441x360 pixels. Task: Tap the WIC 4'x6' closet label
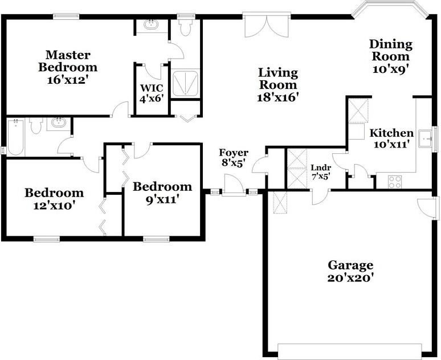[x=152, y=92]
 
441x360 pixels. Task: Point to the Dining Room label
[x=390, y=50]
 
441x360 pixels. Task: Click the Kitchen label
[x=391, y=133]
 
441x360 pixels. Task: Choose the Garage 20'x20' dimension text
[x=350, y=278]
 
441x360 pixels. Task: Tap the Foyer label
[x=234, y=153]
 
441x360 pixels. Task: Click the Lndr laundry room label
[x=321, y=167]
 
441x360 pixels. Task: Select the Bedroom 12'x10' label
[x=54, y=193]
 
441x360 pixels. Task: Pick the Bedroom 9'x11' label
[x=162, y=187]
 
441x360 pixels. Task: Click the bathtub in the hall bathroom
[x=15, y=137]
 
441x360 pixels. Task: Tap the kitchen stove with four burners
[x=395, y=182]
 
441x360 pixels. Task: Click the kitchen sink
[x=425, y=138]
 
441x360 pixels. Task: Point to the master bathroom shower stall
[x=186, y=85]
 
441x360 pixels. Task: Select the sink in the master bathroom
[x=152, y=24]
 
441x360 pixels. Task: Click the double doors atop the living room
[x=263, y=25]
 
